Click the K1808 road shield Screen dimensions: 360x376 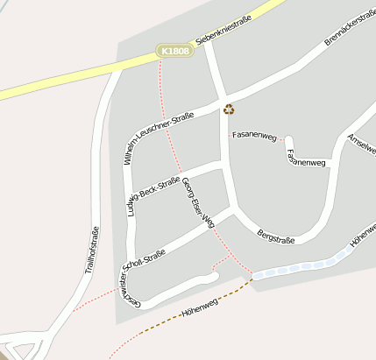coord(174,52)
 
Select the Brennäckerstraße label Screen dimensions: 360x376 coord(349,27)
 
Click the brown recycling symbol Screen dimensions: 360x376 coord(229,109)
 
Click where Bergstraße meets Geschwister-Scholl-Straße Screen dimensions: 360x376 coord(234,211)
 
